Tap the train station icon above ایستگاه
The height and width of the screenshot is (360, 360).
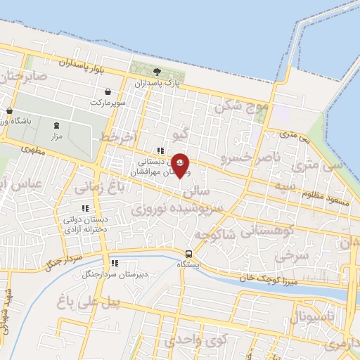[x=188, y=254]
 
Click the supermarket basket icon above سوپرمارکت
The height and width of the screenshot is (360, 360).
[x=108, y=92]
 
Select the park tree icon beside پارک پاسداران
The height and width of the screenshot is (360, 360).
[x=157, y=72]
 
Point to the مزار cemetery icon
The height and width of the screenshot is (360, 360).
[x=57, y=124]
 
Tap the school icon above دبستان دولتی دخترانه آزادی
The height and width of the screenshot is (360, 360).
[x=85, y=208]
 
